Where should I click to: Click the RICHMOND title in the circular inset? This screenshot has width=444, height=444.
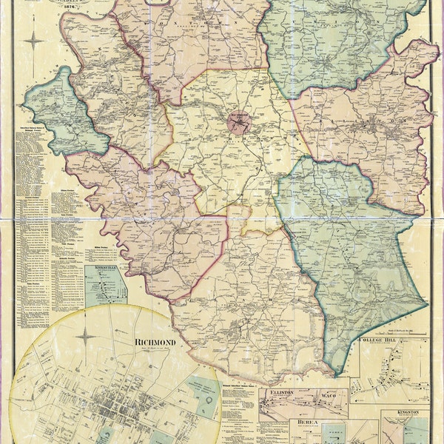[155, 342]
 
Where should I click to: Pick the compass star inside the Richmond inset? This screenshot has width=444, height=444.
[86, 338]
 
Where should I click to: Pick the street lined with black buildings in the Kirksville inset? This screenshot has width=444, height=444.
[107, 289]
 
